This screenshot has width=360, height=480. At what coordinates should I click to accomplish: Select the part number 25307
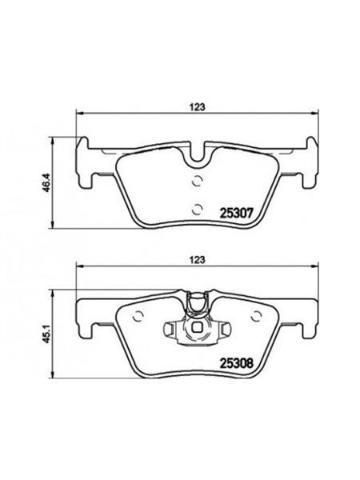[x=236, y=213]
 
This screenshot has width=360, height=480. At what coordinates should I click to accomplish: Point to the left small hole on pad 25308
[x=137, y=314]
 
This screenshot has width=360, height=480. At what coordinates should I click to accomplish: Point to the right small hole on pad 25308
[x=255, y=314]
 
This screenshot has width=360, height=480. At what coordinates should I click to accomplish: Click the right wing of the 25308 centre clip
[x=217, y=328]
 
